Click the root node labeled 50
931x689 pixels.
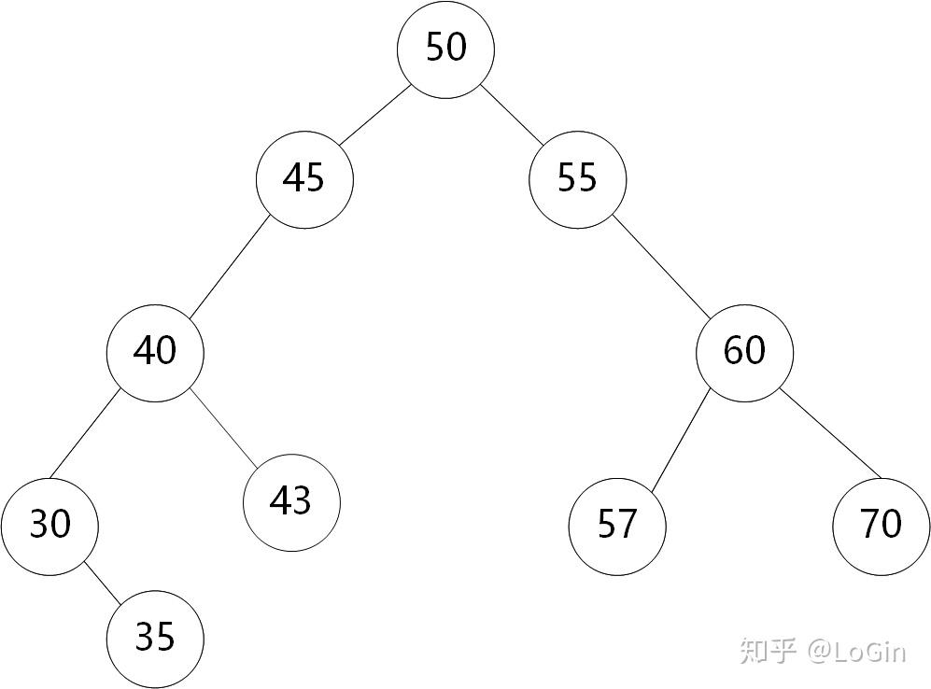click(445, 49)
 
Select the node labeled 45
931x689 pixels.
click(304, 179)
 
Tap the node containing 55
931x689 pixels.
click(578, 179)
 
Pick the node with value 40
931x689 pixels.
click(155, 353)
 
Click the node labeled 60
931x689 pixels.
click(744, 353)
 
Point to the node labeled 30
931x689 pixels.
click(49, 527)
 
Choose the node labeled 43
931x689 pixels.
click(291, 502)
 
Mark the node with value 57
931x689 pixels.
click(617, 527)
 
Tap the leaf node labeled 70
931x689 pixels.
click(882, 527)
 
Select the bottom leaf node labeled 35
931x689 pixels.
click(155, 640)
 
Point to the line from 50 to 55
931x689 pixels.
click(512, 115)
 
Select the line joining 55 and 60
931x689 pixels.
click(661, 267)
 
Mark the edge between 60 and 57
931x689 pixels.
click(681, 441)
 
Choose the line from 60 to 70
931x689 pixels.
click(830, 434)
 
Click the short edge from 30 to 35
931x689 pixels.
click(102, 584)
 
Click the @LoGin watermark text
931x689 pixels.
click(856, 652)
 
